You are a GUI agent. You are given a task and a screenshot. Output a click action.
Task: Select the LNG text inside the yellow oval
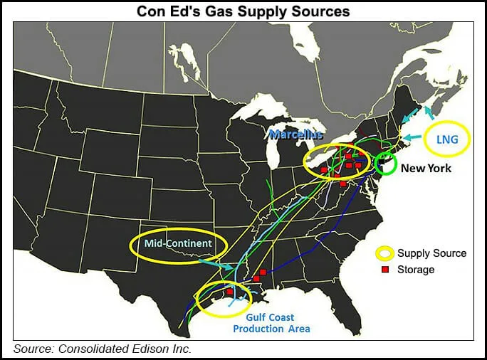pyautogui.click(x=446, y=140)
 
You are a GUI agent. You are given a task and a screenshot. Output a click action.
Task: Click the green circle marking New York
pyautogui.click(x=386, y=164)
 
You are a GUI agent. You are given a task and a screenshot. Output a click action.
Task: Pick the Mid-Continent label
pyautogui.click(x=178, y=244)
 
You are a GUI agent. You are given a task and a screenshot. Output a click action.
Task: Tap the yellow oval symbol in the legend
pyautogui.click(x=384, y=253)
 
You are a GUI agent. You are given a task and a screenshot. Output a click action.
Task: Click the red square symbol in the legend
pyautogui.click(x=384, y=270)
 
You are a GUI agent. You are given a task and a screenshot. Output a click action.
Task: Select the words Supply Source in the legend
pyautogui.click(x=431, y=253)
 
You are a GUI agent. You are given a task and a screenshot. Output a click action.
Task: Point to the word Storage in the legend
pyautogui.click(x=416, y=270)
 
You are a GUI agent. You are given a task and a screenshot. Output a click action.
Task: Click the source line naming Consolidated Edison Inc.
pyautogui.click(x=103, y=349)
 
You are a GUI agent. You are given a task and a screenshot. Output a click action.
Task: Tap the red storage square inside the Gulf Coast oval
pyautogui.click(x=230, y=291)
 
